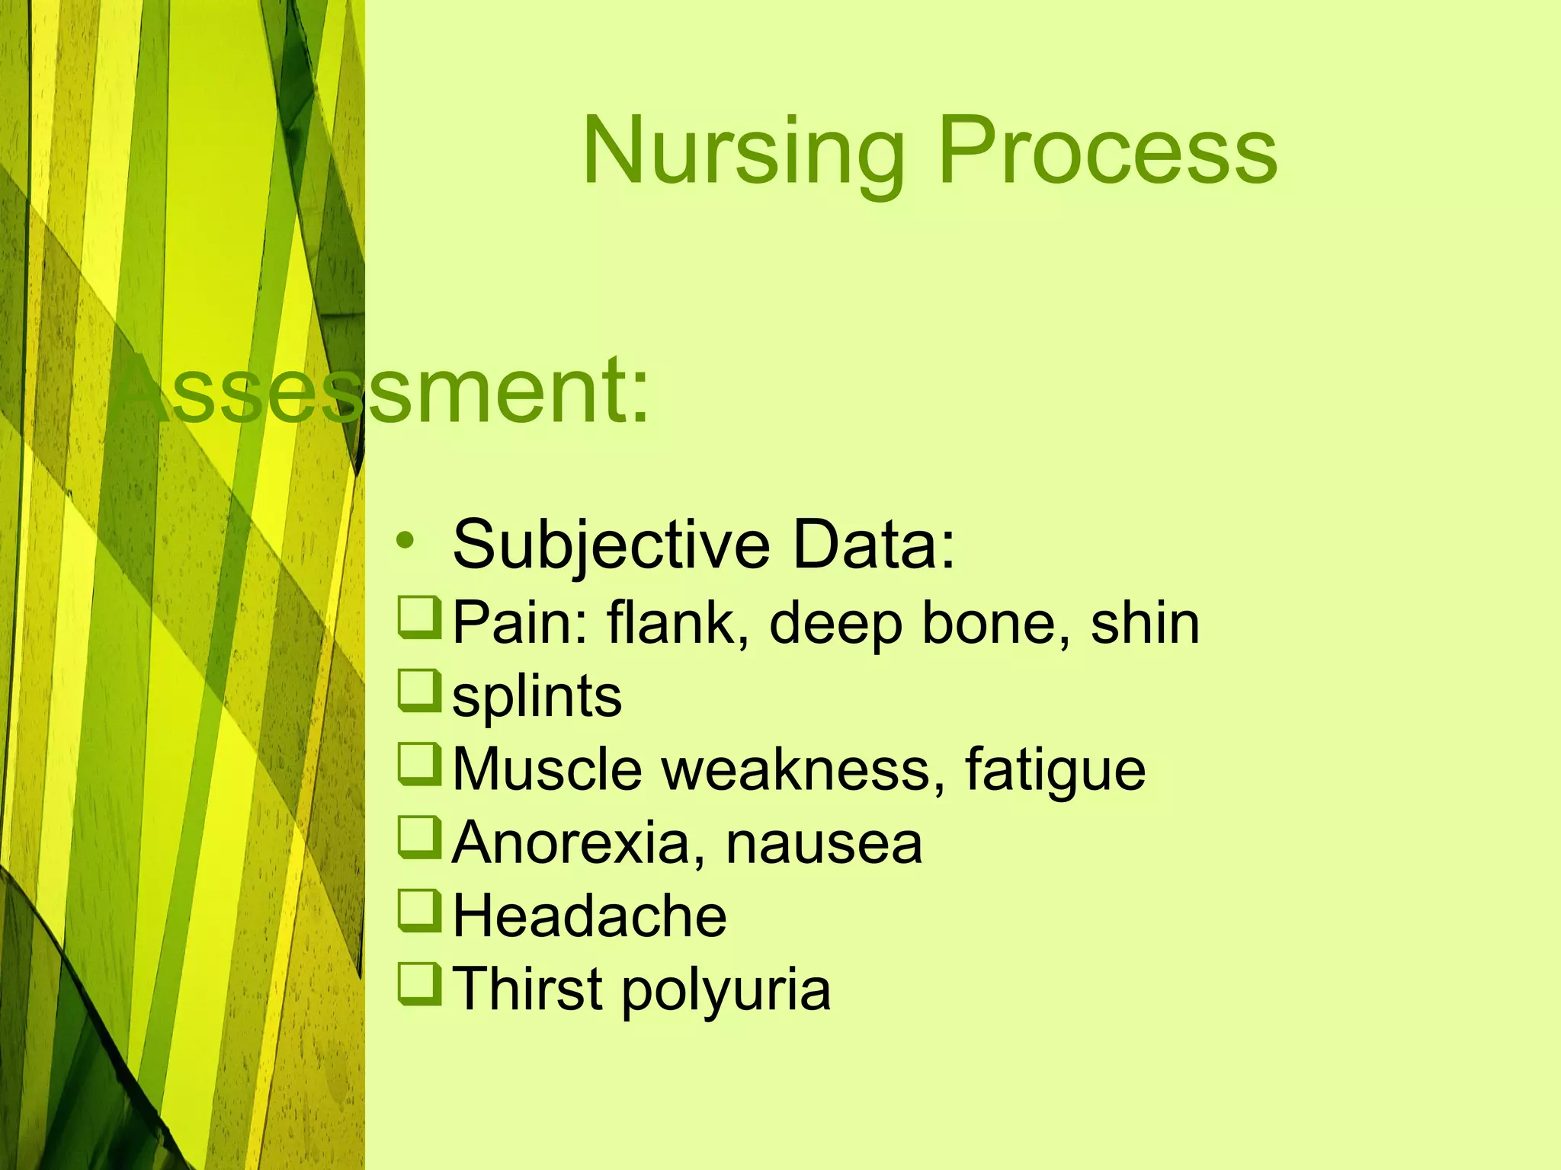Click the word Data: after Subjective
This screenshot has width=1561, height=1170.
pos(873,545)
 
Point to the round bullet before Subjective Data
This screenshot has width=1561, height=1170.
pos(405,542)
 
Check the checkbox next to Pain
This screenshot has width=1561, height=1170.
pos(420,618)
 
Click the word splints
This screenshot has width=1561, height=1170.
pos(537,696)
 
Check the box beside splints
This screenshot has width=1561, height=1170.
pos(420,691)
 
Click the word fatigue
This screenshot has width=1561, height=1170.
pos(1055,769)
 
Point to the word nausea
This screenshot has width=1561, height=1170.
pos(823,842)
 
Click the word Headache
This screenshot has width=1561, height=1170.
pos(590,916)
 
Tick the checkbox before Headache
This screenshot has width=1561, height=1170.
pos(420,911)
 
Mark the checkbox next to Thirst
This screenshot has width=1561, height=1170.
pos(420,984)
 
